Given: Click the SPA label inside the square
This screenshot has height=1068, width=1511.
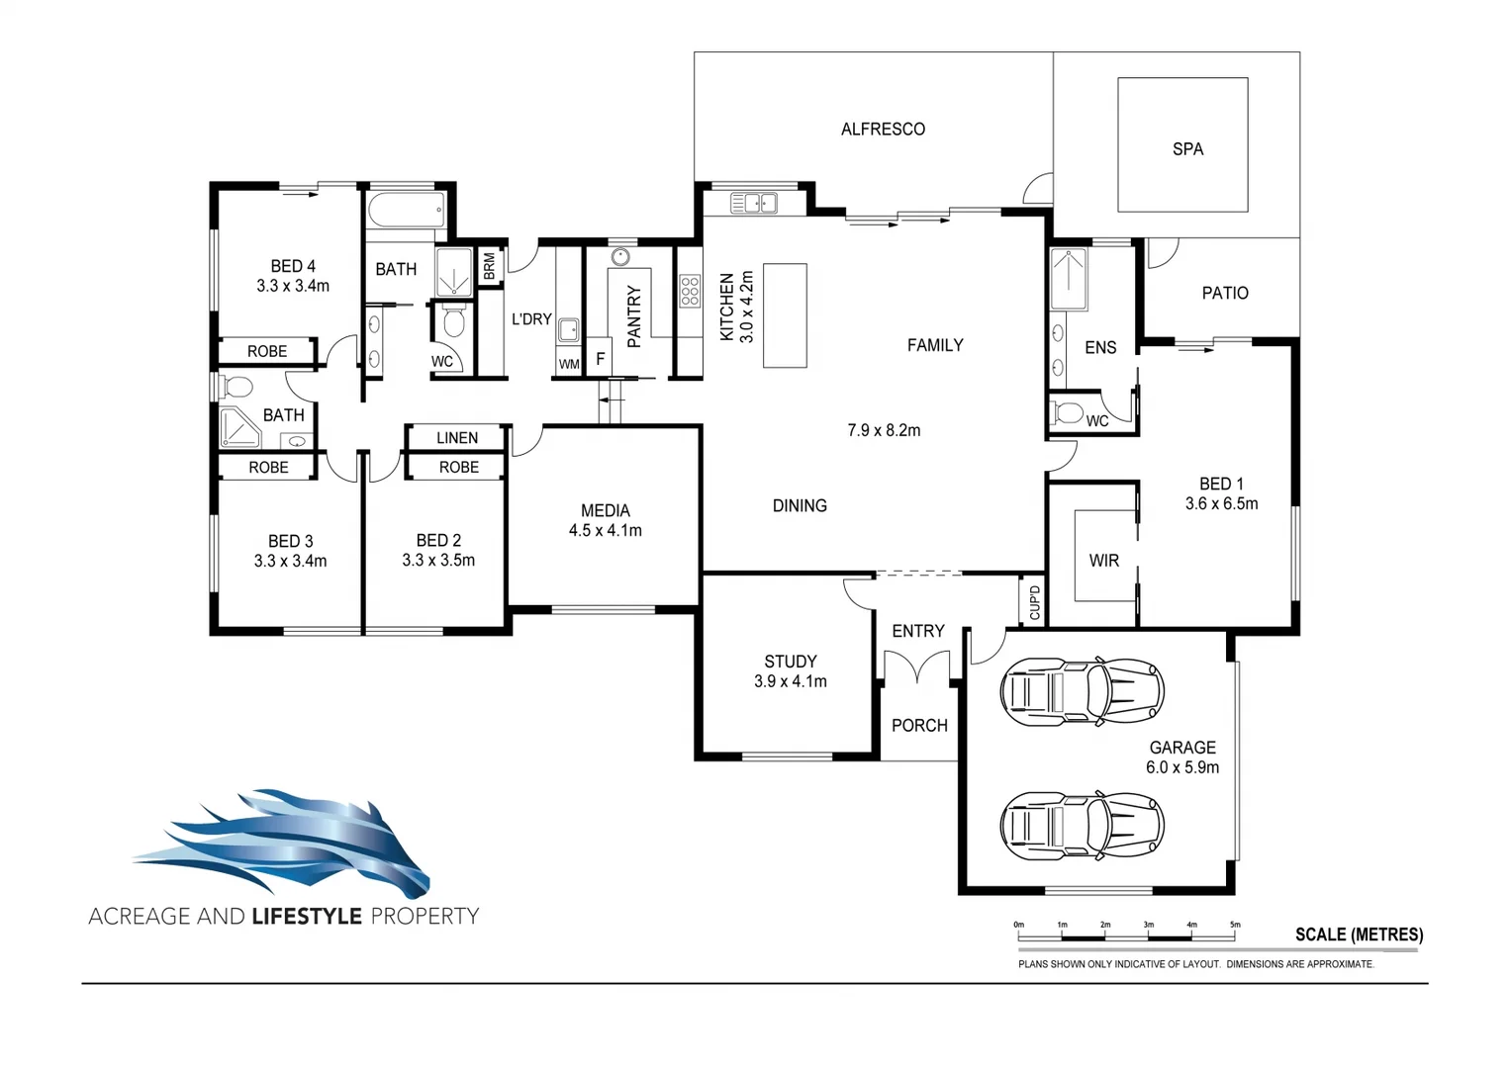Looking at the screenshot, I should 1187,149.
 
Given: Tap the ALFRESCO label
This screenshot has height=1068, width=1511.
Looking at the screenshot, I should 883,130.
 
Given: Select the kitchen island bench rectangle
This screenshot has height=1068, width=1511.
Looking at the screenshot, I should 785,315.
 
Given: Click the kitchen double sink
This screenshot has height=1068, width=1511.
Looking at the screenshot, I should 753,203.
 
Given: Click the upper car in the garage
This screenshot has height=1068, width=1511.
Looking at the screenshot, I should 1082,688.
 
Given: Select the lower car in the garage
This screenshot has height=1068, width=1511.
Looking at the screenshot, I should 1082,824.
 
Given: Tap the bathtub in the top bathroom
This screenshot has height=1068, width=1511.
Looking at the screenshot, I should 406,211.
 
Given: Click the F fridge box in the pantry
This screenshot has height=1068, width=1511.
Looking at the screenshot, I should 600,359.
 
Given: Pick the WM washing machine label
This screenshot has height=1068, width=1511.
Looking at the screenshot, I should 569,364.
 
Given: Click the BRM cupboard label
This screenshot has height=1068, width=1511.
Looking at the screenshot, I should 489,266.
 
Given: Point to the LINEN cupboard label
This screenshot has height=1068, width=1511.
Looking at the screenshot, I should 457,437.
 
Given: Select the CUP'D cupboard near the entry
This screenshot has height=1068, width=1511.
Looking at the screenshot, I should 1034,601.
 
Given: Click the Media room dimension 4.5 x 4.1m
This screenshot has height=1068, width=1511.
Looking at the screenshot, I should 605,531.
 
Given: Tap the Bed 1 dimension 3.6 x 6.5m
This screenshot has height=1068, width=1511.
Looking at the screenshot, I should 1221,503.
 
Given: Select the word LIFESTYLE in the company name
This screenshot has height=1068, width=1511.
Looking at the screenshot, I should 307,916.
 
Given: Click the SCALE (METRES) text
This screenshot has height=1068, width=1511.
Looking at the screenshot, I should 1359,934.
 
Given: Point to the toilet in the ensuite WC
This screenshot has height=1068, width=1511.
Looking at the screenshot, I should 1068,412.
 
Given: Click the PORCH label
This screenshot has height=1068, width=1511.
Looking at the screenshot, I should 919,725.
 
